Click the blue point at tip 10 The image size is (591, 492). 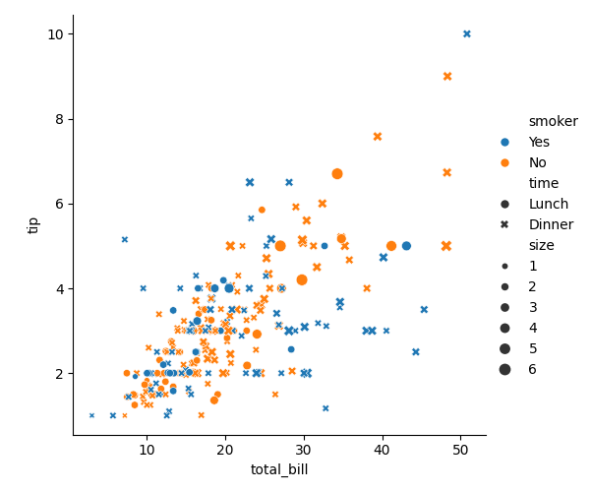coord(467,33)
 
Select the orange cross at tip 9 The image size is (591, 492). coord(447,76)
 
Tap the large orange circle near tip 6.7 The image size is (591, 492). coord(337,173)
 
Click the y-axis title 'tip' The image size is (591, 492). coord(32,224)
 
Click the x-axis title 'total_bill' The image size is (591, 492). coord(279,469)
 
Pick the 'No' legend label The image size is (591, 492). coord(538,162)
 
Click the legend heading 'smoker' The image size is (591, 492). coord(553,121)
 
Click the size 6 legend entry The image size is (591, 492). coord(532,369)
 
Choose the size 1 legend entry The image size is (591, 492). coord(532,266)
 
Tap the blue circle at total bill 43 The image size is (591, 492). coord(406,246)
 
